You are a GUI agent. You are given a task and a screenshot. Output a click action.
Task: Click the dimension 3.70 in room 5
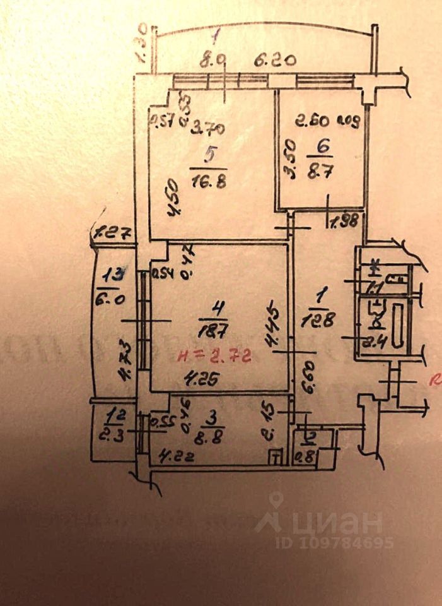tap(208, 131)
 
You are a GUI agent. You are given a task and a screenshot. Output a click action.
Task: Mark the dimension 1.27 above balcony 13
tap(112, 233)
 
